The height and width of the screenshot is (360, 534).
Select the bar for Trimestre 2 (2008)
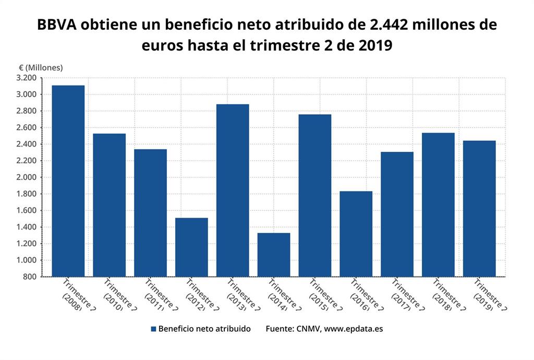pos(68,181)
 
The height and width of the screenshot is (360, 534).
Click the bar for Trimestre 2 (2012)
pos(191,247)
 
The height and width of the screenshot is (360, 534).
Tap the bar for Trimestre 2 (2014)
pos(274,255)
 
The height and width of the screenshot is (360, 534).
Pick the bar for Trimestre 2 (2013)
pos(233,190)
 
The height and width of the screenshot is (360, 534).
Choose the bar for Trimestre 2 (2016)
pos(356,234)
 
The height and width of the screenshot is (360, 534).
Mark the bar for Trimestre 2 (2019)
pos(479,208)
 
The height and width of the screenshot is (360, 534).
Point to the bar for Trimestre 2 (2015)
pos(315,195)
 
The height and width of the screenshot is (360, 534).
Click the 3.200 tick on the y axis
pos(26,78)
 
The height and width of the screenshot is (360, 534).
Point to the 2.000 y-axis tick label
pos(26,177)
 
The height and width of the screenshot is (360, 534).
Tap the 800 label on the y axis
pos(30,277)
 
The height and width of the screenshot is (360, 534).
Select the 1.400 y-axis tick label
pos(26,227)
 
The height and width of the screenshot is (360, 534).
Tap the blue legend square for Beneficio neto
pos(153,329)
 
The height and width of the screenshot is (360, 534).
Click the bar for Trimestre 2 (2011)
pos(150,213)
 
